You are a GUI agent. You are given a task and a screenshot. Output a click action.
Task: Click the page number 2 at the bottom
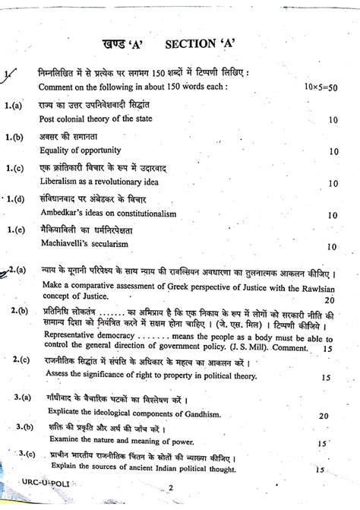172,502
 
